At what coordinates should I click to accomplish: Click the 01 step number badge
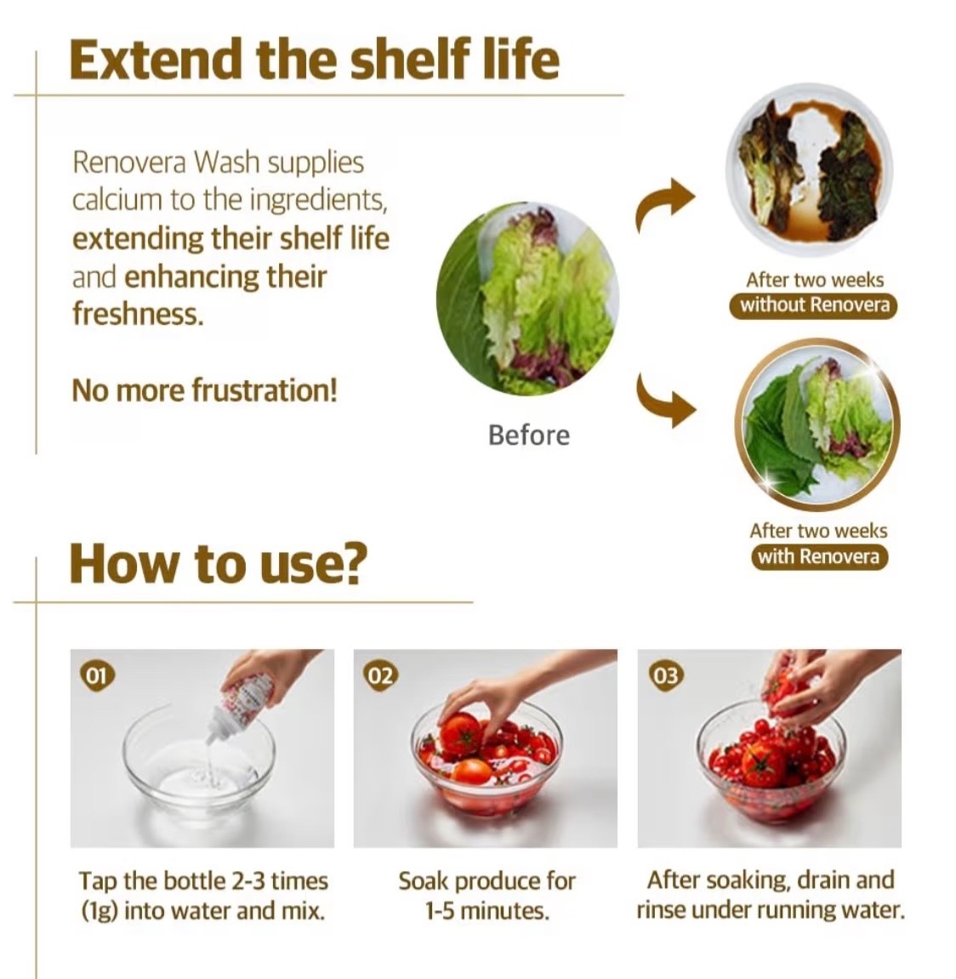pyautogui.click(x=95, y=675)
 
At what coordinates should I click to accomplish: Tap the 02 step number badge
pyautogui.click(x=379, y=675)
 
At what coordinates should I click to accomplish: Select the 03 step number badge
pyautogui.click(x=663, y=675)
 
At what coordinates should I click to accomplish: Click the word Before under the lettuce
pyautogui.click(x=528, y=435)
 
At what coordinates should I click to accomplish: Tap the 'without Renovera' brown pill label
pyautogui.click(x=814, y=305)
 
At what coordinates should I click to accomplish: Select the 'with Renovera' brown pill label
pyautogui.click(x=818, y=556)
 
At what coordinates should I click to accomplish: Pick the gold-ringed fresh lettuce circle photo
pyautogui.click(x=817, y=425)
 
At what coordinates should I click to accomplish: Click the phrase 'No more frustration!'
pyautogui.click(x=204, y=391)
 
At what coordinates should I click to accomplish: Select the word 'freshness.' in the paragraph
pyautogui.click(x=138, y=313)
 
